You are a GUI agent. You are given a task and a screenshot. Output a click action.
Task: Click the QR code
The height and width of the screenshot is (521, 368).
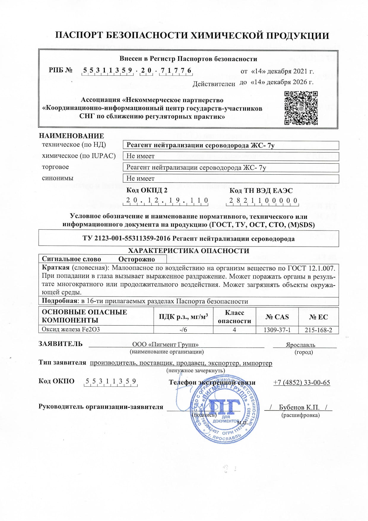pos(301,108)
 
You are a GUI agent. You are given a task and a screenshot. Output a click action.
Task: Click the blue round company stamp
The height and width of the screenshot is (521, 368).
pos(225,409)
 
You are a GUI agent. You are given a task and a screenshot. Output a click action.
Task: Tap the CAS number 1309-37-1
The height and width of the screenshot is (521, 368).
pos(277,330)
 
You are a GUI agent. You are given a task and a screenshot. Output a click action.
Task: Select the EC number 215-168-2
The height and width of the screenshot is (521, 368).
pos(318,330)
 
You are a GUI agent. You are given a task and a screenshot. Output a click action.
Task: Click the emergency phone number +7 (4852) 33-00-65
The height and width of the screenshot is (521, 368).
pos(301,383)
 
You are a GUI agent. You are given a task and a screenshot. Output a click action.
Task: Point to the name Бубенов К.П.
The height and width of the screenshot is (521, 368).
pos(299,407)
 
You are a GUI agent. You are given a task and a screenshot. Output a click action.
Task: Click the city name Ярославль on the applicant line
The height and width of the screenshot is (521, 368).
pos(300,345)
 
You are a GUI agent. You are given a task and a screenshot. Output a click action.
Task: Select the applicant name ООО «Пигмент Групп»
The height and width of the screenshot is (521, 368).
pos(165,345)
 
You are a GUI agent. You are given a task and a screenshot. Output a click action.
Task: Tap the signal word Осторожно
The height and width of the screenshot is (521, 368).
pos(137,259)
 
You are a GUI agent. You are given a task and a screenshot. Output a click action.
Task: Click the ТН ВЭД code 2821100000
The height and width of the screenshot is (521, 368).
pos(263,200)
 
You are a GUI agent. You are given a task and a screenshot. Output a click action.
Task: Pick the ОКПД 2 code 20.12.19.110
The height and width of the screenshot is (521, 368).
pos(166,200)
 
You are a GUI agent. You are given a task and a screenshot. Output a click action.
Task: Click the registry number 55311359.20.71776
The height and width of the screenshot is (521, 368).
pos(137,71)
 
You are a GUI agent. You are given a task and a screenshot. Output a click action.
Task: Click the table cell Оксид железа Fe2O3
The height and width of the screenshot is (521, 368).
pos(71,329)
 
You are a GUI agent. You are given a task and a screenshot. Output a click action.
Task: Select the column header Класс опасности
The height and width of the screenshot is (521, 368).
pos(234,317)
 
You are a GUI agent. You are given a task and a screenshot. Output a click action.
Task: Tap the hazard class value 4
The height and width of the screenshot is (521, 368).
pos(234,330)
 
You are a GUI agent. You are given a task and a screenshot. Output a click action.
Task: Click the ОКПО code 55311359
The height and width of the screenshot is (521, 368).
pos(111,381)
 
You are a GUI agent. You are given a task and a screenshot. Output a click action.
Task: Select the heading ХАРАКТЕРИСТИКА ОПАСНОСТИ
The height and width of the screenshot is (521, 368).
pos(188,251)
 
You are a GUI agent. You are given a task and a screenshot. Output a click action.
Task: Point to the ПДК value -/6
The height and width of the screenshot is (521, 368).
pos(183,330)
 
